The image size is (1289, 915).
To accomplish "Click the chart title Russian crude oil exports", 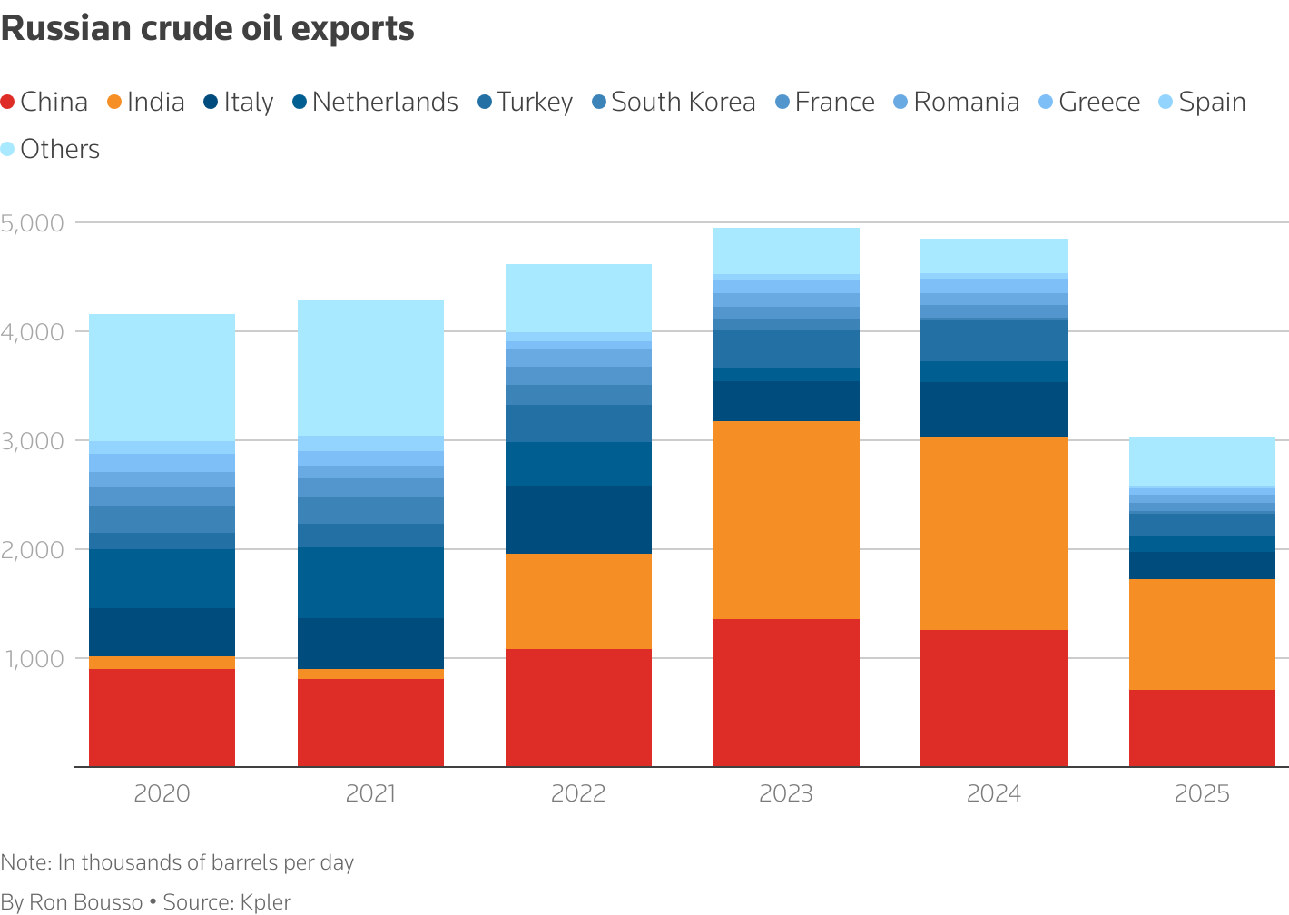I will pos(208,29).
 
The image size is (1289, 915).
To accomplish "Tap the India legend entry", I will pos(147,102).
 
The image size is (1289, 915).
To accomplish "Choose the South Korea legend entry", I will pos(674,102).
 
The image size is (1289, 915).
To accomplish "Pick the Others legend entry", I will pos(51,149).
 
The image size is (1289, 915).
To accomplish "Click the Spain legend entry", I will pos(1202,102).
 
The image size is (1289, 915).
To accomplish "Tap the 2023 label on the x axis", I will pos(786,794).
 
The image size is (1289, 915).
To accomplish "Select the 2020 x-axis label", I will pos(162,794).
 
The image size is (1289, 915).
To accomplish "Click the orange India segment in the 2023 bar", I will pos(786,519).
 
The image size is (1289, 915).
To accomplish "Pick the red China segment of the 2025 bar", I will pos(1202,728).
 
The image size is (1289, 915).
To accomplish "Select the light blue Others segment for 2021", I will pos(370,368).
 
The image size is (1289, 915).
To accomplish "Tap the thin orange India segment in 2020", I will pos(162,663).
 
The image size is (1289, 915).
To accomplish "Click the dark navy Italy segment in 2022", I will pos(578,519).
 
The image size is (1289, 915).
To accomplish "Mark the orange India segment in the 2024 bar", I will pos(994,533).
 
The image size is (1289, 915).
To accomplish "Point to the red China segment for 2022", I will pos(578,708).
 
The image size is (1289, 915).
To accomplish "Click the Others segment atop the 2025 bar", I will pos(1202,460).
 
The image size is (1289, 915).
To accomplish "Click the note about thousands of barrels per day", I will pos(177,862).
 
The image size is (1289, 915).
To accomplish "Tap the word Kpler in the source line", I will pos(265,902).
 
